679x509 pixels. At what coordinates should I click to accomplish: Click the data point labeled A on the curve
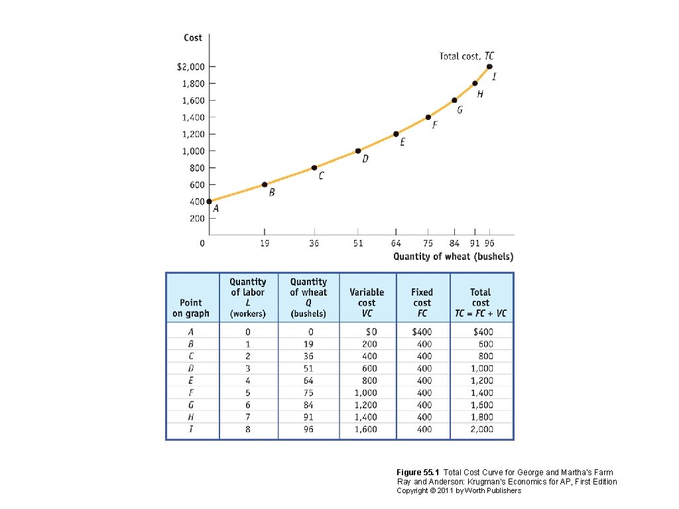click(209, 201)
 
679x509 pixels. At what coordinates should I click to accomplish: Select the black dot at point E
click(396, 134)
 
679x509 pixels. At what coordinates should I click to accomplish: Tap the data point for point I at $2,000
click(489, 66)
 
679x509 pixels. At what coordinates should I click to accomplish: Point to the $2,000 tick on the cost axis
click(191, 67)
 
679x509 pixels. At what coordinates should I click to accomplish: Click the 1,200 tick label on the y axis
click(194, 134)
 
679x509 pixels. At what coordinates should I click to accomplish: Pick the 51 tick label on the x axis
click(358, 243)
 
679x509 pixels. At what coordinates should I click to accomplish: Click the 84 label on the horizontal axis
click(455, 243)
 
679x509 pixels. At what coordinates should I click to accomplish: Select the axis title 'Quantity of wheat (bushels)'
click(453, 256)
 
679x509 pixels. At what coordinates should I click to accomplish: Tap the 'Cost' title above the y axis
click(193, 38)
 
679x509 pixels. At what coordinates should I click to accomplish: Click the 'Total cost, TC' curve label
click(466, 56)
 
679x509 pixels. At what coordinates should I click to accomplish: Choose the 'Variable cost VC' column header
click(367, 302)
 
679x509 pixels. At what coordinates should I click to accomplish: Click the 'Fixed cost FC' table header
click(422, 302)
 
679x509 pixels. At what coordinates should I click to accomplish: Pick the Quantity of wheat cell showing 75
click(308, 392)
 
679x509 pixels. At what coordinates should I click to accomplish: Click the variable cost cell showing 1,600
click(366, 429)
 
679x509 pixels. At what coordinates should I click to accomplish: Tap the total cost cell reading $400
click(481, 331)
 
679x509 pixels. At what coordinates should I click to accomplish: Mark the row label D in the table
click(191, 368)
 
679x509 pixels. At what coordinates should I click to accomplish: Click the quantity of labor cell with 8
click(248, 429)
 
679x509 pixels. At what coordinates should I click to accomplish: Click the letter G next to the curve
click(459, 109)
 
